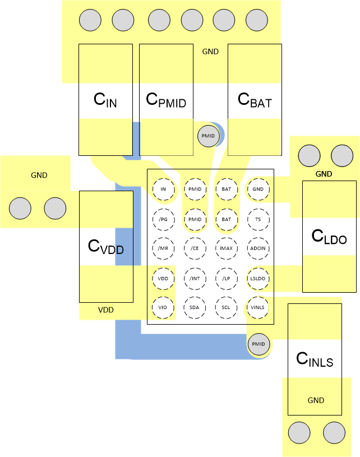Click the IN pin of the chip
[163, 190]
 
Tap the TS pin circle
[258, 219]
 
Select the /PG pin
[163, 219]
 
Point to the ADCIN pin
[258, 248]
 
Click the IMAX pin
[226, 248]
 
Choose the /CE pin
[195, 248]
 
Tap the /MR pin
[163, 248]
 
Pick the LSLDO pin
[258, 278]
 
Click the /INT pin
[195, 278]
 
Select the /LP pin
[226, 278]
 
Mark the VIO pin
[163, 308]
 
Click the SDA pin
[195, 308]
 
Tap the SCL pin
[226, 308]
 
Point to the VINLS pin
[258, 308]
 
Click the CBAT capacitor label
[255, 100]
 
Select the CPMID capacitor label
[165, 100]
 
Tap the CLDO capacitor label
[329, 237]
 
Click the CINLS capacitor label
[315, 359]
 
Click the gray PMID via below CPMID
[208, 136]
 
